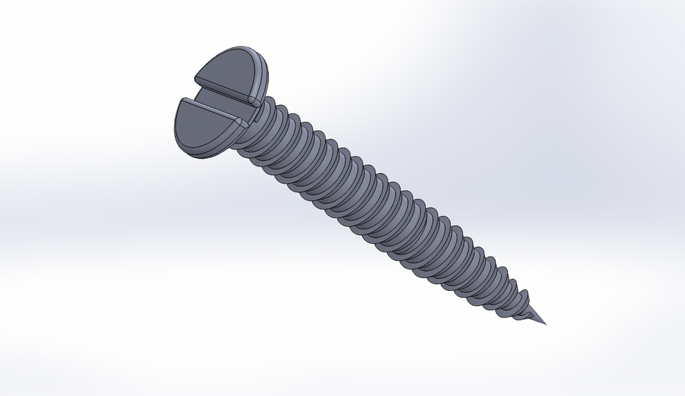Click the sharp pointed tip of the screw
click(x=547, y=322)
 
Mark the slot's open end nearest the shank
click(x=246, y=107)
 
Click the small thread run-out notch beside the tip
click(x=529, y=315)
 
